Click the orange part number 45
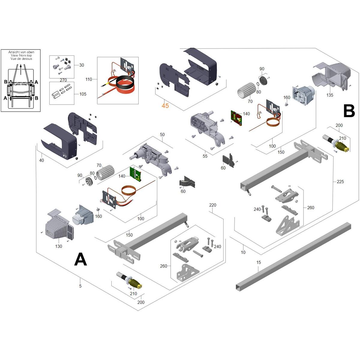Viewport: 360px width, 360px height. [165, 106]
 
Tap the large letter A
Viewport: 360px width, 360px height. [80, 259]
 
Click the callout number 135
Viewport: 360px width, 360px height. [330, 95]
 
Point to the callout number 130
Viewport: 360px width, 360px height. [58, 246]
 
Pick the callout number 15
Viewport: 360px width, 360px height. [259, 262]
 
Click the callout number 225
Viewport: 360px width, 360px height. [340, 181]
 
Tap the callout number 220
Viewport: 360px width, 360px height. [213, 205]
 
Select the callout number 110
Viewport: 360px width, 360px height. [89, 79]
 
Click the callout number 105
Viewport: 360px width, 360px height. [83, 94]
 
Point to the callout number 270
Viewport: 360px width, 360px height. [63, 80]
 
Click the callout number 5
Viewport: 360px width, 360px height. [80, 286]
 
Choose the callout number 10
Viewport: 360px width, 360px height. [243, 252]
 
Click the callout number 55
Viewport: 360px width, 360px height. [205, 156]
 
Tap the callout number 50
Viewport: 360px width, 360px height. [162, 135]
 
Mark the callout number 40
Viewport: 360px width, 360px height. [41, 160]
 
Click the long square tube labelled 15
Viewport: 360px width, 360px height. [294, 255]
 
